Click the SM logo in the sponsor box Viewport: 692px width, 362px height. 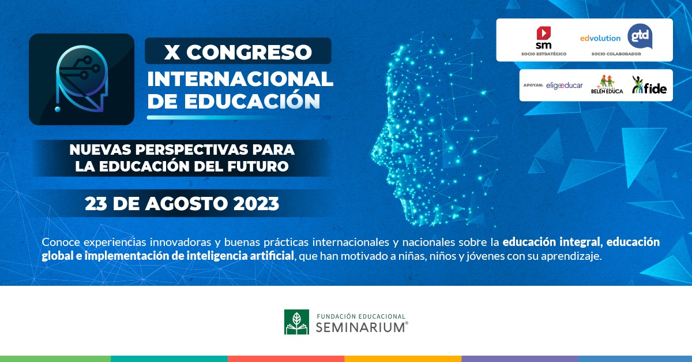pos(543,38)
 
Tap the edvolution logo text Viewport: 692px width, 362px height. pos(600,38)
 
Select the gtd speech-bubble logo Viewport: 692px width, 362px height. pos(640,36)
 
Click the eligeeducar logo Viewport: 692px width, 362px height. pos(565,85)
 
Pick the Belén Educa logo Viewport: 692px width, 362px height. pos(607,84)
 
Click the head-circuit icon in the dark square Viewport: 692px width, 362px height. pos(81,79)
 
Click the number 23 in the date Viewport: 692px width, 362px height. pos(96,203)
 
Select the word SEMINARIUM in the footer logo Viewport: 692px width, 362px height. pos(360,327)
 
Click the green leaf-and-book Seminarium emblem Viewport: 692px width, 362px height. pos(296,322)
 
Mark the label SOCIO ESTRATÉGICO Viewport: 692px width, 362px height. pos(543,54)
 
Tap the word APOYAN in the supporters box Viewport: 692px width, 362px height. pos(533,85)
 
